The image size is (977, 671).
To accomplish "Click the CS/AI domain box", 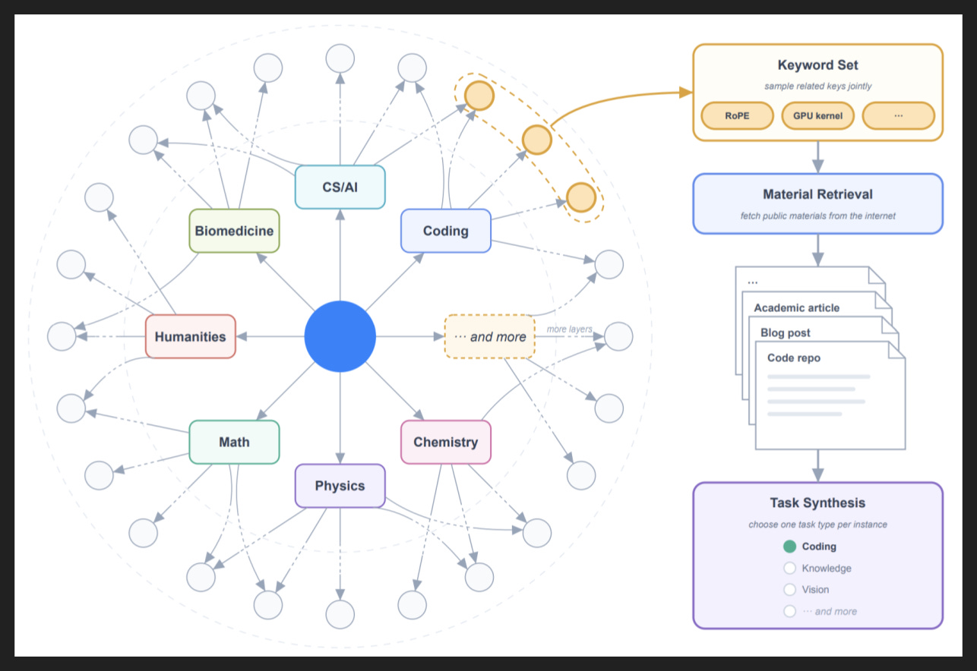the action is coord(340,187).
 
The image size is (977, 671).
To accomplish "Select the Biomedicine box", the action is coord(234,231).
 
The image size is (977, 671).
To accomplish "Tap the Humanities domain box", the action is coord(190,336).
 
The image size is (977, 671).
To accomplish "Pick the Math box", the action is coord(234,442).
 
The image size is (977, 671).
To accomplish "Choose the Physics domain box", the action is coord(340,485).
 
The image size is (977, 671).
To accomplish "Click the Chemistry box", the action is coord(446,442).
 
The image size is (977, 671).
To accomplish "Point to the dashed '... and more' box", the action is coord(490,336).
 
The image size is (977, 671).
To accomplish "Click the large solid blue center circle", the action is coord(340,336).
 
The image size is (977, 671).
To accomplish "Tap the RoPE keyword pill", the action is coord(737,116).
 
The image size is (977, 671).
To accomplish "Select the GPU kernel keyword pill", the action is coord(817,116).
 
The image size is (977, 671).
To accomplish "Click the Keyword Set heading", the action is coord(817,65).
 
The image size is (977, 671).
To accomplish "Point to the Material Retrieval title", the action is coord(817,194).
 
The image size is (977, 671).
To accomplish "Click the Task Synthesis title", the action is coord(817,502).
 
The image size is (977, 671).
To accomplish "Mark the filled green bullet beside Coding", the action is coord(789,547).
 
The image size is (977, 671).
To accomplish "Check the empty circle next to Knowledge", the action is coord(789,569).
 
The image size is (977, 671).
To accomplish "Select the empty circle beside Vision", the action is coord(789,590).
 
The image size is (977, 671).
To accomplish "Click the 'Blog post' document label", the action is coord(785,333).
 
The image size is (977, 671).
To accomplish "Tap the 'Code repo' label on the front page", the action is coord(794,358).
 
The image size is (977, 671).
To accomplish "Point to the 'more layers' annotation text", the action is coord(570,329).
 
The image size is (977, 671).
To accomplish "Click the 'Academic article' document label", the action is coord(796,308).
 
